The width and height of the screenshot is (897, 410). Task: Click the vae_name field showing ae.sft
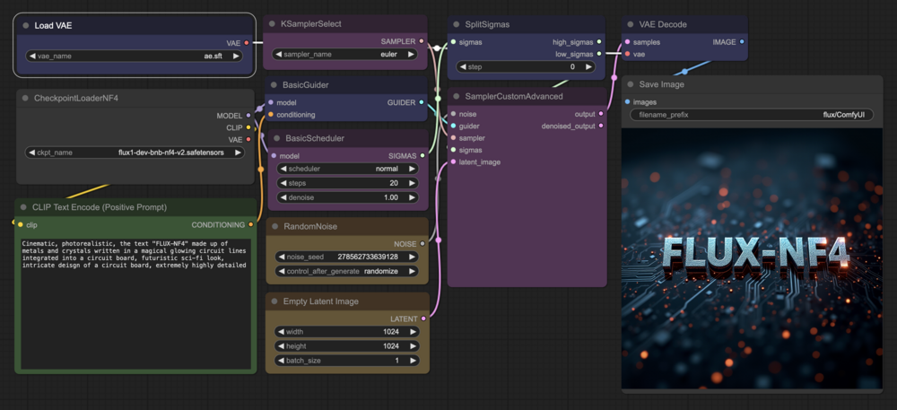[x=134, y=56]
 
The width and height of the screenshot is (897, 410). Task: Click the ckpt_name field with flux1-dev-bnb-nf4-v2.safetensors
[x=135, y=153]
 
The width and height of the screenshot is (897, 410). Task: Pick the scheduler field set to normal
[x=347, y=169]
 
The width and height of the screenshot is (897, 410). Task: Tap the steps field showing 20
[x=347, y=183]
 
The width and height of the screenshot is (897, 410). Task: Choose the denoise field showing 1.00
[x=347, y=197]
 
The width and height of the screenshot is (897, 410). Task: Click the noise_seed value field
[x=347, y=257]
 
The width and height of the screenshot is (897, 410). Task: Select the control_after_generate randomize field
[x=347, y=271]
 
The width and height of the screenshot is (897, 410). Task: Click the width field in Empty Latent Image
[x=347, y=332]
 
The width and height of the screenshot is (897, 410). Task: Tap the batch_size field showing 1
[x=347, y=361]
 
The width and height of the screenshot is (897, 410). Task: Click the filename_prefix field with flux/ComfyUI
[x=753, y=115]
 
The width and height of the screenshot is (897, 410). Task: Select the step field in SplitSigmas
[x=526, y=67]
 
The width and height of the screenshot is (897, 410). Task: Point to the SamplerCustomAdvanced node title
[x=514, y=96]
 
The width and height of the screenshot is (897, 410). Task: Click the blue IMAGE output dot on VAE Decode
[x=742, y=42]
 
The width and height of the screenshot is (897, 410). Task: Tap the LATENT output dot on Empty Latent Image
[x=423, y=318]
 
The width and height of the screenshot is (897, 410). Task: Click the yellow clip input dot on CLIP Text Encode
[x=21, y=224]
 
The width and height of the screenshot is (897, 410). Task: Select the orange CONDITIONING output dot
[x=250, y=224]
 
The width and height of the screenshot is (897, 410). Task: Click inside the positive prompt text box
[x=135, y=303]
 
